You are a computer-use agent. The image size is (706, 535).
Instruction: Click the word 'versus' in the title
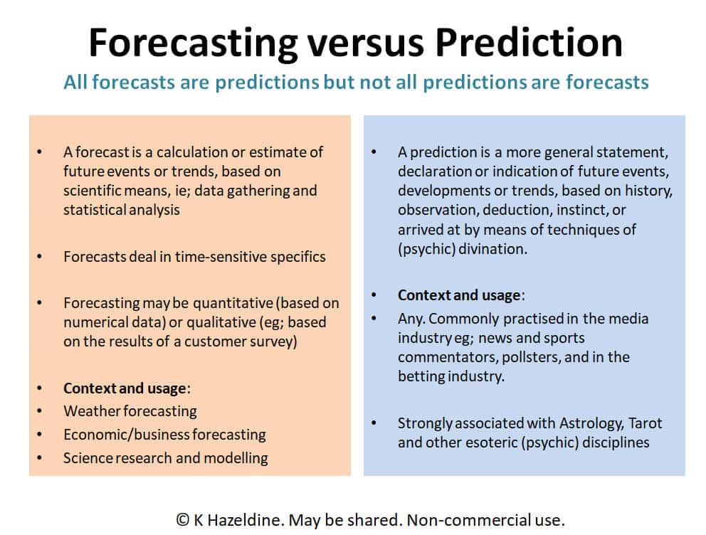pos(365,43)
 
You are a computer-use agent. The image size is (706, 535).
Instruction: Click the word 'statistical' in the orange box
pos(94,210)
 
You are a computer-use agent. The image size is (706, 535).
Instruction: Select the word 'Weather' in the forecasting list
pos(92,410)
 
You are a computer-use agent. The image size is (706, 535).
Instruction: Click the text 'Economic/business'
pos(127,434)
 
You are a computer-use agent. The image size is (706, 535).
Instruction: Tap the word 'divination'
pos(492,249)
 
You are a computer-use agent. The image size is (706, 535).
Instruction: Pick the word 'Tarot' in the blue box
pos(646,423)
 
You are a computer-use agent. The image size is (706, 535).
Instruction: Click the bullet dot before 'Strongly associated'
pos(374,423)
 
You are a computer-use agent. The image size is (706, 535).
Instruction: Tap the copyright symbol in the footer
pos(182,520)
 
